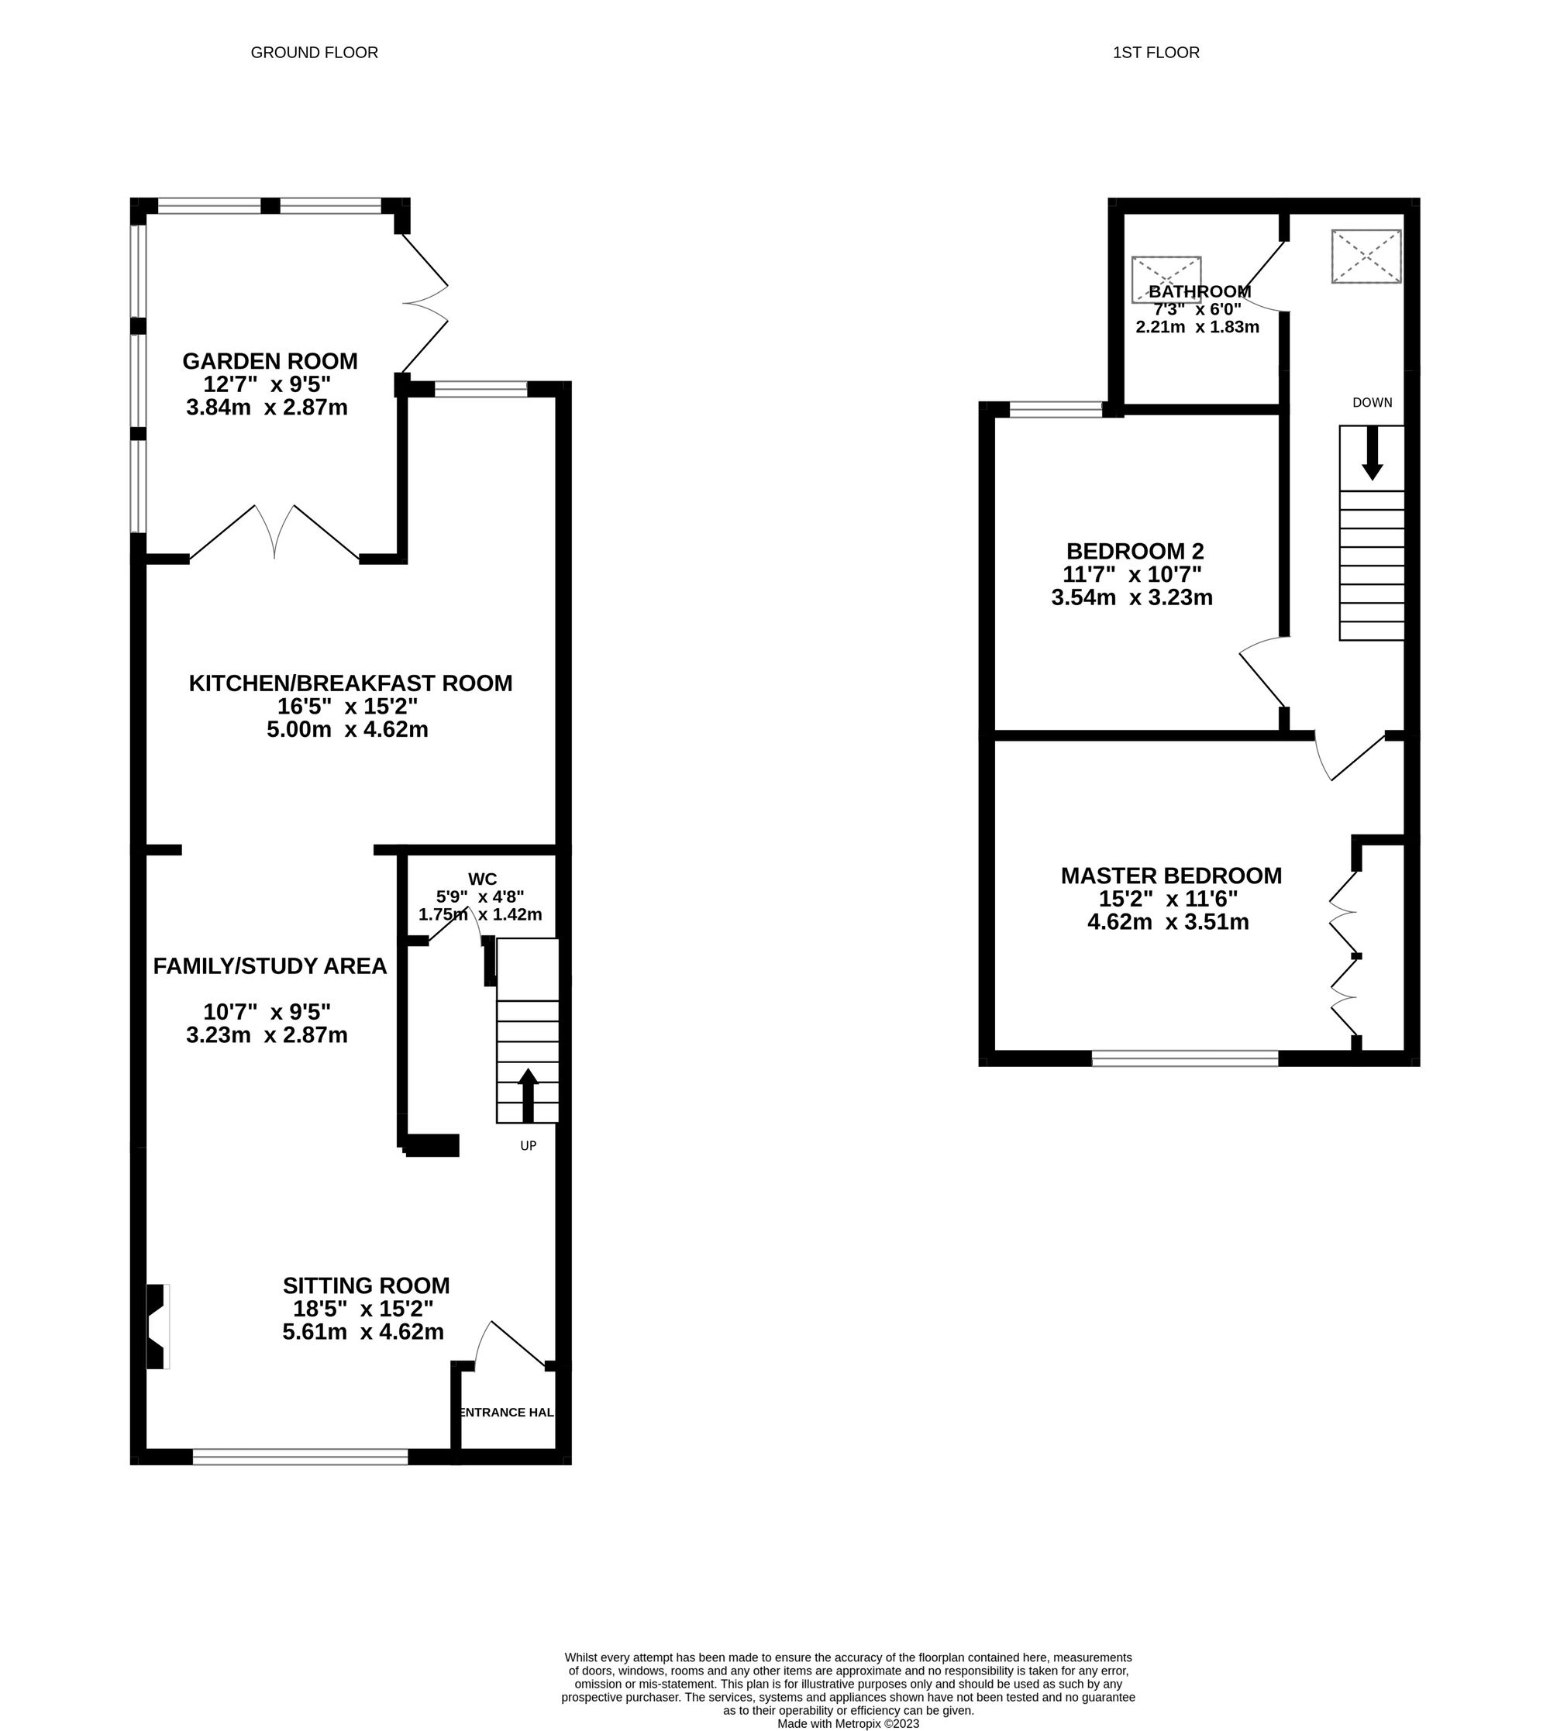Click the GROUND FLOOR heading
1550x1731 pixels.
314,53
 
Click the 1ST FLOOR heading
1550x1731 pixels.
1156,53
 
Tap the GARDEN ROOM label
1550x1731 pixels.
270,361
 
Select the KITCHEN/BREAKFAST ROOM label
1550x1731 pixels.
350,683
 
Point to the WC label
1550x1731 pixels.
482,879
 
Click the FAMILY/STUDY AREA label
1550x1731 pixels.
270,965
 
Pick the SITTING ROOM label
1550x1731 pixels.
367,1285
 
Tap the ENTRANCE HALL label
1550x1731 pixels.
506,1412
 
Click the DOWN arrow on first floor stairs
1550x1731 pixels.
1372,454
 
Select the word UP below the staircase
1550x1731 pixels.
528,1146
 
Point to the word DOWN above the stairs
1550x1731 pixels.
1372,403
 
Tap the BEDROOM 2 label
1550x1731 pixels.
1135,551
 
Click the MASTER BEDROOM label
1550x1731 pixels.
1171,876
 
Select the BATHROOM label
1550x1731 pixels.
1200,291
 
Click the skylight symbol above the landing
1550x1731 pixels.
1366,256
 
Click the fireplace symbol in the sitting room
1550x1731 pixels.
156,1326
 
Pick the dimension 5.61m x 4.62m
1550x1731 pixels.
363,1332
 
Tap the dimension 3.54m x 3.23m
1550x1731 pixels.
1131,597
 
